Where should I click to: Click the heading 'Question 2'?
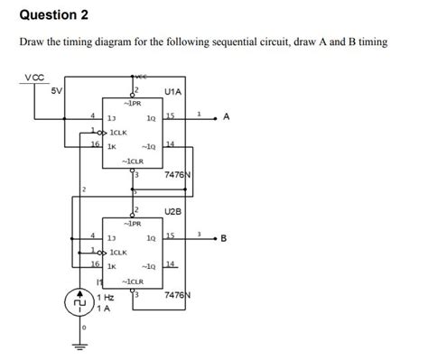[54, 15]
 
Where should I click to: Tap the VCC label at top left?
[33, 79]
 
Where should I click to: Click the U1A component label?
[174, 91]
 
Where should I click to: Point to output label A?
[226, 117]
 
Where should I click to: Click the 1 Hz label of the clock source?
[106, 297]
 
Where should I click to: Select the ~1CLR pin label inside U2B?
[133, 282]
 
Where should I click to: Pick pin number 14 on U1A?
[168, 144]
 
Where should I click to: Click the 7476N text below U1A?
[178, 175]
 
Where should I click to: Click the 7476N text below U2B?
[178, 296]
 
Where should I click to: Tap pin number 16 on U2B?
[95, 264]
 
